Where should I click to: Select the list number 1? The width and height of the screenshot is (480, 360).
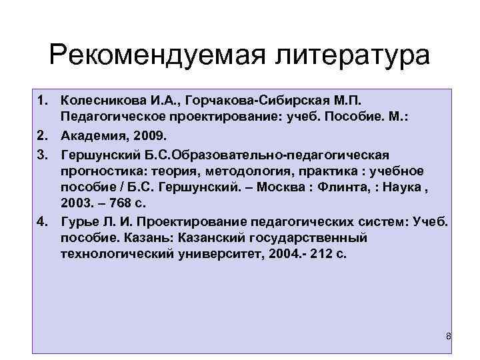click(x=41, y=100)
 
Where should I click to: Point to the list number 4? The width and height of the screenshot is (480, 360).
click(x=41, y=221)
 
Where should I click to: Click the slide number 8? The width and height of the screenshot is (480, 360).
click(x=449, y=336)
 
